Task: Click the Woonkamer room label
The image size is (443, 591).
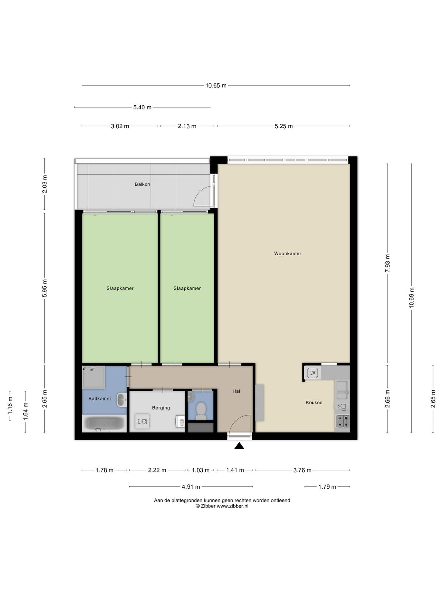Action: click(x=287, y=253)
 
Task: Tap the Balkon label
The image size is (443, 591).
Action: click(x=142, y=184)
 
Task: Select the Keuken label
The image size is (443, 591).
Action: click(x=314, y=403)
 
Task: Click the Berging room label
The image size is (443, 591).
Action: click(x=161, y=408)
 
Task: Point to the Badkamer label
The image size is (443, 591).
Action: click(x=100, y=399)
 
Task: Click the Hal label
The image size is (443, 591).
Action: click(x=236, y=391)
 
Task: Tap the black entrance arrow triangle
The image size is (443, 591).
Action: click(x=239, y=446)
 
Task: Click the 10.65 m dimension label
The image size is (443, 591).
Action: click(x=216, y=86)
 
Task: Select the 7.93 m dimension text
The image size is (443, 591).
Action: click(x=388, y=263)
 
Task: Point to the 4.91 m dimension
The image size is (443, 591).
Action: click(x=191, y=487)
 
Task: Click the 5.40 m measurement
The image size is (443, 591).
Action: click(x=142, y=107)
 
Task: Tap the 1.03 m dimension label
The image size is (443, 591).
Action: click(x=200, y=470)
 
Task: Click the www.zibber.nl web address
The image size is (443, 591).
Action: click(x=233, y=506)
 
